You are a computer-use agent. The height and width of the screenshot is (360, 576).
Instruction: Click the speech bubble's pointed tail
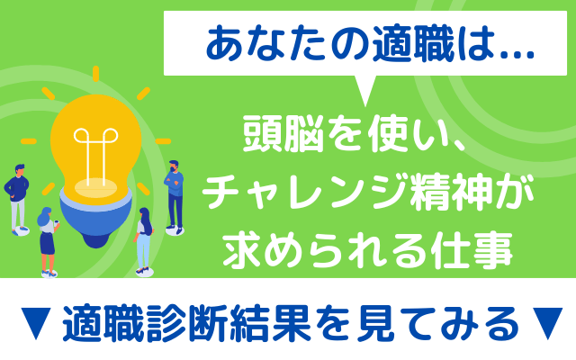click(x=364, y=91)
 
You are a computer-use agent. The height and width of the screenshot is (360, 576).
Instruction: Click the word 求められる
click(x=326, y=250)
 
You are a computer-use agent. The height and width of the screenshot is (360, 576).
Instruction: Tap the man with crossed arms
click(x=174, y=197)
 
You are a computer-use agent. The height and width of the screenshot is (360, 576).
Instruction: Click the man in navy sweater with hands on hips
click(x=17, y=199)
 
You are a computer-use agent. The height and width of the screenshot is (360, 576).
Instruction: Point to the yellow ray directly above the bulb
click(x=96, y=74)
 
